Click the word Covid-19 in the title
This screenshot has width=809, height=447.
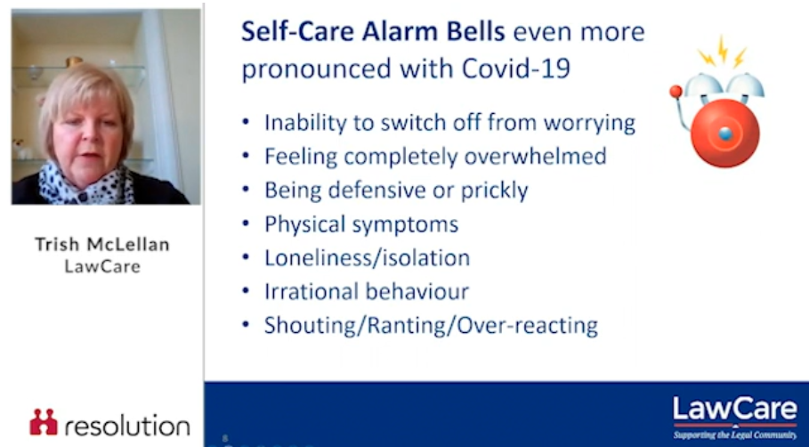[x=515, y=69]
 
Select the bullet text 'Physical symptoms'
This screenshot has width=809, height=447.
[x=361, y=224]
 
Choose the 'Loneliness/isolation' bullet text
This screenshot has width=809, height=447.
[x=367, y=257]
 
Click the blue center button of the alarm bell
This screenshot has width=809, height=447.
[x=725, y=134]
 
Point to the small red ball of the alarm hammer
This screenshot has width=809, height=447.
[x=676, y=92]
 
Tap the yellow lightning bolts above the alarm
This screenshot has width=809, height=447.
[x=723, y=53]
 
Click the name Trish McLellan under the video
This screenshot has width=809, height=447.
[x=102, y=244]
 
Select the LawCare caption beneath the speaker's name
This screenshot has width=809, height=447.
[x=102, y=266]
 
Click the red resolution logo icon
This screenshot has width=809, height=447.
[x=44, y=422]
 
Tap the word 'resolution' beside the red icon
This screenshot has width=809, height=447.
[x=127, y=426]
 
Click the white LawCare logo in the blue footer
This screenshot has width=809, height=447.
[x=735, y=410]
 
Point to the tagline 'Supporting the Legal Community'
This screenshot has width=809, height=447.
[x=735, y=435]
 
